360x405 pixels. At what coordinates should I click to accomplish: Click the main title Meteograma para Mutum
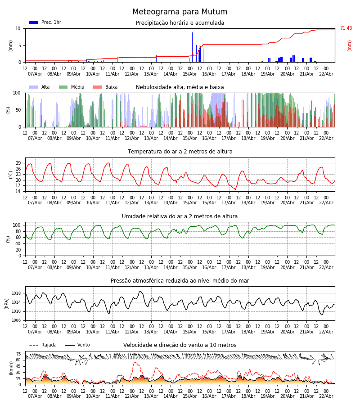point(180,12)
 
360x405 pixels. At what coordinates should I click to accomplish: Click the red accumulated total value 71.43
point(346,28)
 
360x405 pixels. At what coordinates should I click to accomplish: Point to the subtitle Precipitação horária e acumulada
point(180,23)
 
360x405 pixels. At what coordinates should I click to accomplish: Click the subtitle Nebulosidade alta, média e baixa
point(180,87)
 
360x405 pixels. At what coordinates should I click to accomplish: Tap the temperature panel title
point(180,152)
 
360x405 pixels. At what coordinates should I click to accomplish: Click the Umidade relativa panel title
point(180,216)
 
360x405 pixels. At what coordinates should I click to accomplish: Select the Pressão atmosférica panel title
point(180,281)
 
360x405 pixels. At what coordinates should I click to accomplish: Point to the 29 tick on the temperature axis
point(18,163)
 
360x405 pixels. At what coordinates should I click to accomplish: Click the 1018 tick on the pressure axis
point(17,293)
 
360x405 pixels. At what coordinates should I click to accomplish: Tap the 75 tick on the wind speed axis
point(18,354)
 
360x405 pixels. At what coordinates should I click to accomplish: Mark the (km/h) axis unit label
point(11,368)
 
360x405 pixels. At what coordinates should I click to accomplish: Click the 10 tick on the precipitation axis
point(18,28)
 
